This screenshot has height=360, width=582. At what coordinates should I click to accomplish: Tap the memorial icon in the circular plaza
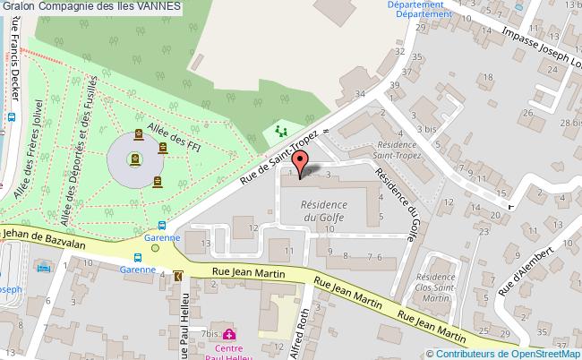click(x=135, y=160)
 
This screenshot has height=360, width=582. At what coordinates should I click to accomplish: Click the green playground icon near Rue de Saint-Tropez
click(x=281, y=132)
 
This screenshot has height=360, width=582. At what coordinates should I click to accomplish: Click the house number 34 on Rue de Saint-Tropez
click(x=360, y=93)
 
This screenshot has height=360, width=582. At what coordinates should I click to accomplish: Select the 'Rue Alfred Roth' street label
click(x=303, y=332)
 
